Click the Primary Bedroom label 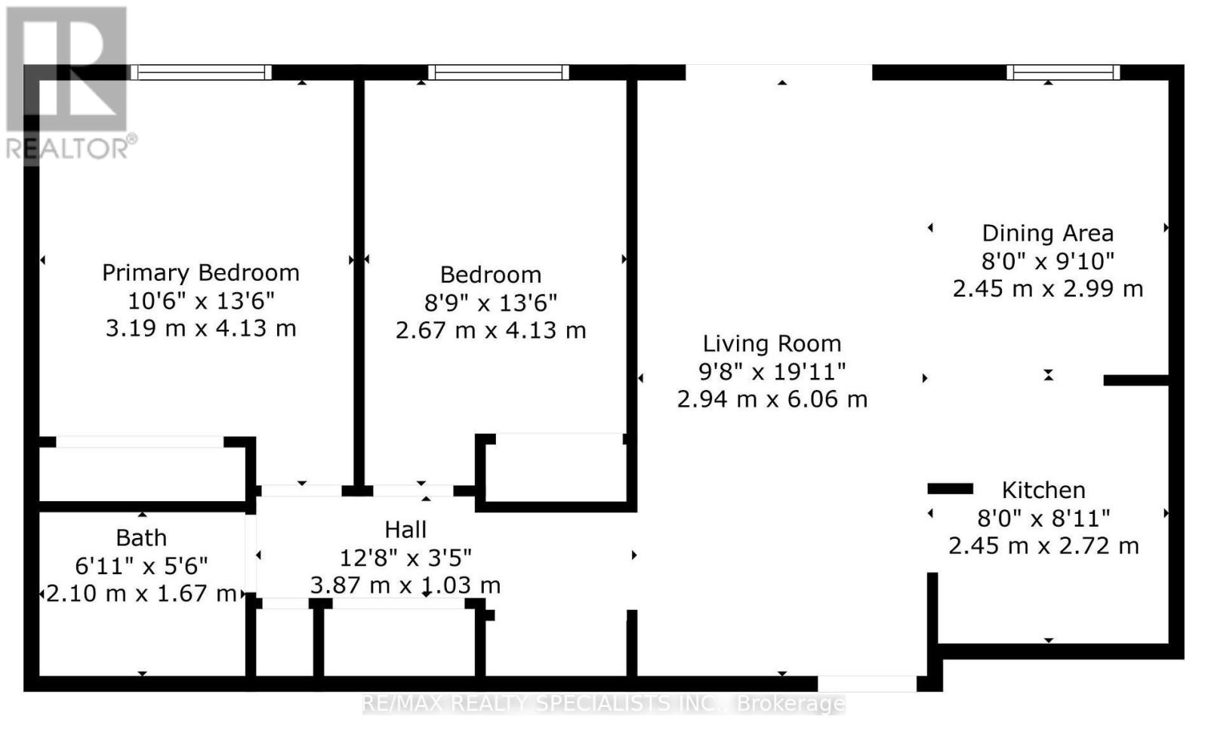tap(201, 272)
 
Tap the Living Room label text tap(772, 344)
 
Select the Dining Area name tap(1047, 233)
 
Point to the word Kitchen tap(1043, 490)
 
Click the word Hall tap(405, 530)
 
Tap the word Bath tap(141, 538)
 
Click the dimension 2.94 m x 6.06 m tap(772, 399)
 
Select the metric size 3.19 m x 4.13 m tap(201, 328)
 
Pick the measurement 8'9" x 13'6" tap(490, 303)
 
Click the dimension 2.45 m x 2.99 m tap(1047, 289)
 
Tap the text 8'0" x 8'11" tap(1043, 518)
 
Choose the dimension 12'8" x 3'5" tap(405, 558)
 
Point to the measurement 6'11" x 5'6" tap(141, 566)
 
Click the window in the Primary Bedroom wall tap(201, 72)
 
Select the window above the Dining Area tap(1063, 72)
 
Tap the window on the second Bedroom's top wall tap(498, 72)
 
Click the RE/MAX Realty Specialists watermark tap(603, 703)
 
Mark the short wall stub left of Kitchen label tap(951, 489)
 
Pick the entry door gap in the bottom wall tap(867, 684)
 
